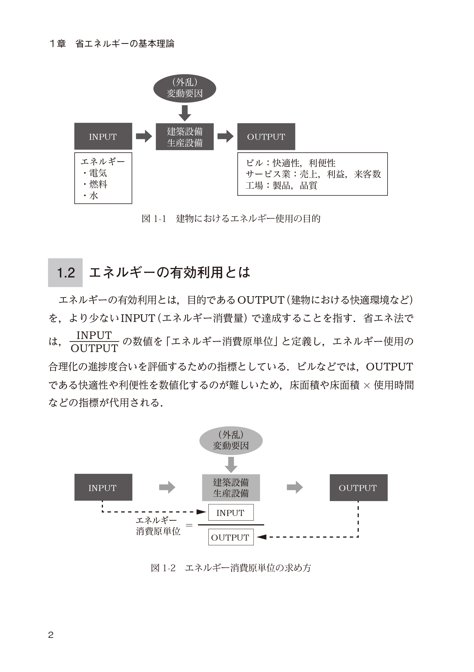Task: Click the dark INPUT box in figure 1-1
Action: coord(103,136)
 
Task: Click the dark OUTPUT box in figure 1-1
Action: coord(266,136)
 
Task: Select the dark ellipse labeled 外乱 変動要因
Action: coord(185,88)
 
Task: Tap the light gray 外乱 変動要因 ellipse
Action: coord(230,440)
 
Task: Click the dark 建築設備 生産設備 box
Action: coord(185,137)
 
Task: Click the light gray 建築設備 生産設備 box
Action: coord(230,488)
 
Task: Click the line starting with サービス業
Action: coord(313,174)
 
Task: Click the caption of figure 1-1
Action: coord(230,219)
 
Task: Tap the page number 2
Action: coord(51,635)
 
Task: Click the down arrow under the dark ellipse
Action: coord(185,113)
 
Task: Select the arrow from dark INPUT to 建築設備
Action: coord(144,136)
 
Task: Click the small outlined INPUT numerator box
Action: coord(230,512)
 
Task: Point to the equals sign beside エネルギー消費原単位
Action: coord(189,525)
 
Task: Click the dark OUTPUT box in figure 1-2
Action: coord(358,488)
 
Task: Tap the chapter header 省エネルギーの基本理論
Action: coord(124,44)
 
